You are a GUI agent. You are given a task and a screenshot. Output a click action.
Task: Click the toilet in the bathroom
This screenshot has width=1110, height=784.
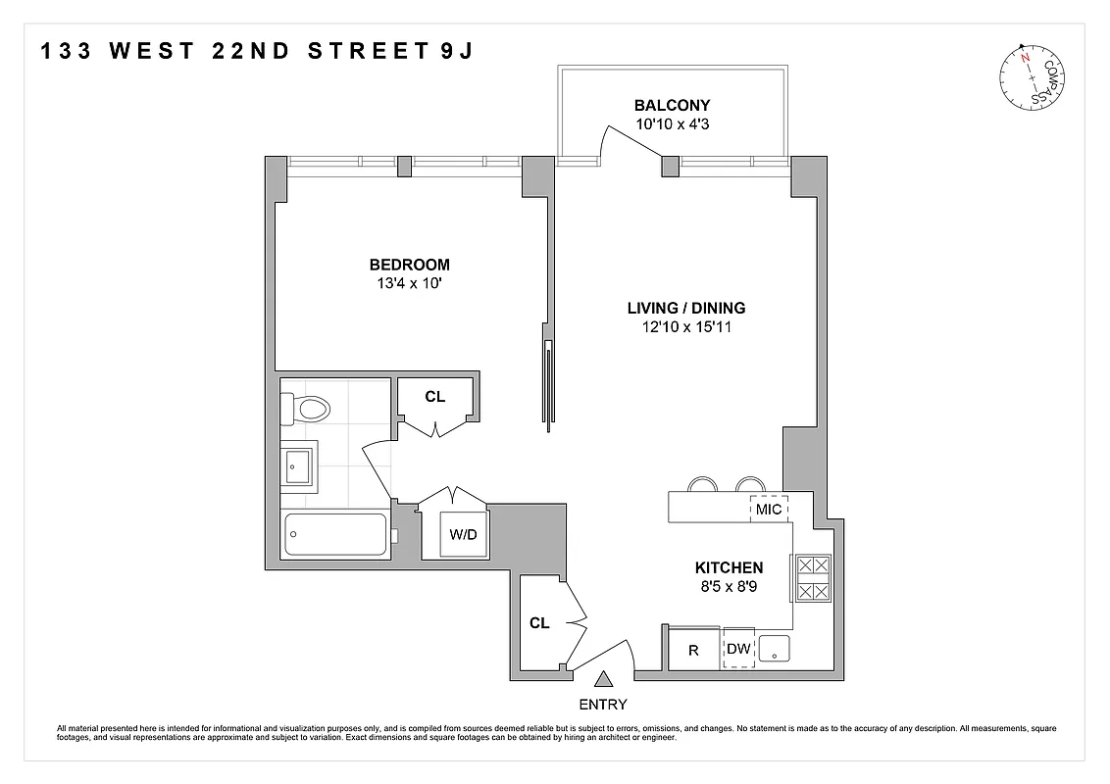307,409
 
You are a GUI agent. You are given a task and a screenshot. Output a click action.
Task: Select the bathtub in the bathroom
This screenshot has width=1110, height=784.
334,535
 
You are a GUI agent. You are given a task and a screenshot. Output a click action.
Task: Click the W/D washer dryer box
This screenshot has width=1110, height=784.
463,535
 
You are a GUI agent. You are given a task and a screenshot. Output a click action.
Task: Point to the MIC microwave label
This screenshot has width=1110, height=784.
770,510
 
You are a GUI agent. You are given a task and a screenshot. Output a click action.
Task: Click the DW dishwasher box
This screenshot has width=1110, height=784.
738,648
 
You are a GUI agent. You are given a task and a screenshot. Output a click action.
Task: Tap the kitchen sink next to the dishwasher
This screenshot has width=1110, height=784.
776,648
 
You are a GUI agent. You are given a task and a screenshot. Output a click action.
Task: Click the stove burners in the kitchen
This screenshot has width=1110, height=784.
812,579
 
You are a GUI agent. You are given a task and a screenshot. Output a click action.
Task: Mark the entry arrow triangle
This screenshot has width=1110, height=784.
603,678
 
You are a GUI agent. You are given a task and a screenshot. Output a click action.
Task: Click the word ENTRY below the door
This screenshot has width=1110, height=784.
603,704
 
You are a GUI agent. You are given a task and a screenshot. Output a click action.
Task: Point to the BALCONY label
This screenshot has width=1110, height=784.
672,106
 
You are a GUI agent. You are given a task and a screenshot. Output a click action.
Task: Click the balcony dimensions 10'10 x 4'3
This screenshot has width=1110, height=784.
672,124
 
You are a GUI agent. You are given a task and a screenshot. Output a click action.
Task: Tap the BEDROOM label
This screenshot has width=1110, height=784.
409,265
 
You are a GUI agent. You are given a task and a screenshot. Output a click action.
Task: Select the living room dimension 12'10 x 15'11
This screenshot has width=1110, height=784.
686,326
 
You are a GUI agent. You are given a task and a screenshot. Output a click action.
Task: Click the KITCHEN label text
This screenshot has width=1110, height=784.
729,567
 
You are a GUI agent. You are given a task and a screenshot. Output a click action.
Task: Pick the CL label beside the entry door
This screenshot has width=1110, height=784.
539,622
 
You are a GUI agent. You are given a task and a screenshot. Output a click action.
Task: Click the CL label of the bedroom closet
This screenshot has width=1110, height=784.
435,397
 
